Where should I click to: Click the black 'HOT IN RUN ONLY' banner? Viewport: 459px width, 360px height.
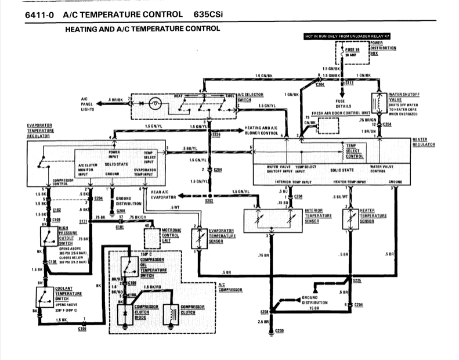346,37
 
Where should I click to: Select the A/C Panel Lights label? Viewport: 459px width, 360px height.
88,103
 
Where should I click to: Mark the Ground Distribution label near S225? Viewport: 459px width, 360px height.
315,300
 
